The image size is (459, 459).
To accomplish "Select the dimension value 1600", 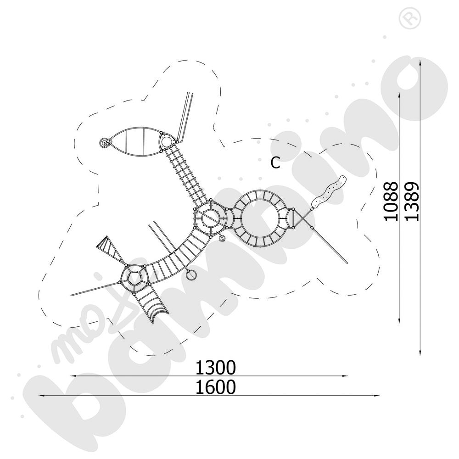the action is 215,387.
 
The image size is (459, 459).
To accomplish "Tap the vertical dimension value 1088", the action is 391,201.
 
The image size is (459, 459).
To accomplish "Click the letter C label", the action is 275,163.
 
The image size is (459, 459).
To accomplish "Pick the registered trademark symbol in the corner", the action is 410,19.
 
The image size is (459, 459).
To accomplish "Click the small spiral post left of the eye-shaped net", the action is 104,143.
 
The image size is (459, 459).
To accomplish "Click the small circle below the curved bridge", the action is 191,275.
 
